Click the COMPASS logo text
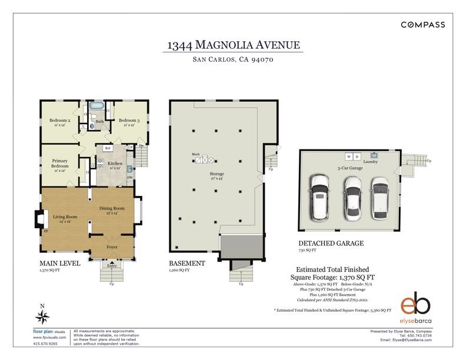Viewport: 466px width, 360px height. click(x=422, y=25)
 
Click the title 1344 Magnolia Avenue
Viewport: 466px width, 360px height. click(x=233, y=45)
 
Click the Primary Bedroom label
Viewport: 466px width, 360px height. click(x=59, y=164)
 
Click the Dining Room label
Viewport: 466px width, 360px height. click(x=111, y=209)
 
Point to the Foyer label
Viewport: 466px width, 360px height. click(x=112, y=247)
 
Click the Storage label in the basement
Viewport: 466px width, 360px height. click(x=217, y=175)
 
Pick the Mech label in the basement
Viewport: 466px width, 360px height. click(x=195, y=154)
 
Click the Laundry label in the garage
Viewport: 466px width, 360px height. click(x=370, y=162)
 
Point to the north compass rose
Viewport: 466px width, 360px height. click(x=42, y=317)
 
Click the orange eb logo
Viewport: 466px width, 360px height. click(x=416, y=304)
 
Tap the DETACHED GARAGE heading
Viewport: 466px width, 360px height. click(x=331, y=243)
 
